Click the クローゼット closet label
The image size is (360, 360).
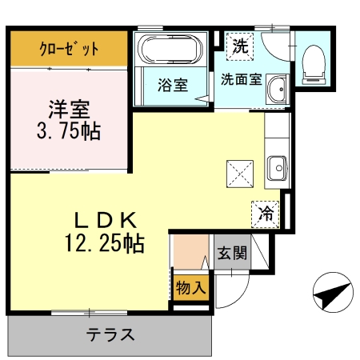[69, 49]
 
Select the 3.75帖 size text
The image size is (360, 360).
[69, 131]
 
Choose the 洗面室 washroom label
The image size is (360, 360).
[241, 79]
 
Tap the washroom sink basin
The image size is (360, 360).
[278, 90]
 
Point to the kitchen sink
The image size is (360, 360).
[277, 169]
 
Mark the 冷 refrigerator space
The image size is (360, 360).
[265, 214]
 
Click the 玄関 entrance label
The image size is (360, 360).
[232, 255]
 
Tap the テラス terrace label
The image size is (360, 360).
[110, 335]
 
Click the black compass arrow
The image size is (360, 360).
[333, 295]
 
